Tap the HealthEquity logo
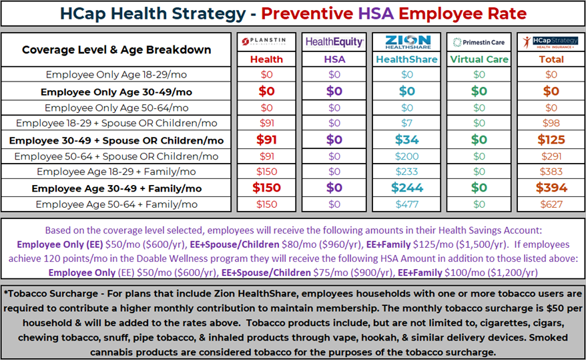[334, 41]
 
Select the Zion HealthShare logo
[406, 41]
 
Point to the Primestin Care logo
[479, 42]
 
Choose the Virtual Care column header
[479, 59]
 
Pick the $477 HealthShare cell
[406, 204]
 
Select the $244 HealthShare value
[406, 188]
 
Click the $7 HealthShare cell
[406, 124]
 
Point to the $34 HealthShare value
[406, 140]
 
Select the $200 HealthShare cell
[406, 156]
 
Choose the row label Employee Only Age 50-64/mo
[116, 108]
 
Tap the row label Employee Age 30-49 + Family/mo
[116, 188]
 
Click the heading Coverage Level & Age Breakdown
[116, 49]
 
